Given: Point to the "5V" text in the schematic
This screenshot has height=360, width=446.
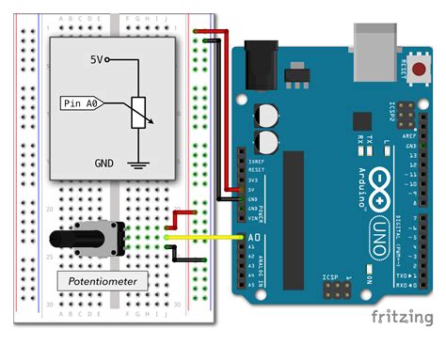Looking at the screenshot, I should click(99, 59).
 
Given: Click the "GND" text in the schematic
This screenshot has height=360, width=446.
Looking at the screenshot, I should click(104, 162).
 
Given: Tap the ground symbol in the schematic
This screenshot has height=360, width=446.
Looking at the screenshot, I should click(140, 165).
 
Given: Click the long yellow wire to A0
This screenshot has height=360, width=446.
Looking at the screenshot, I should click(207, 237).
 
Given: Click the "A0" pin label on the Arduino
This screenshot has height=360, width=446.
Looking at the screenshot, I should click(253, 238).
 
